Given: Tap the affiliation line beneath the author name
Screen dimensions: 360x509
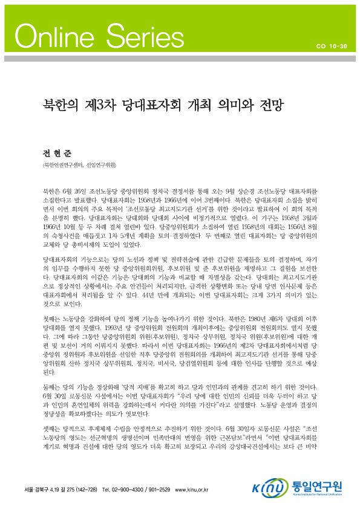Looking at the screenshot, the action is pyautogui.click(x=78, y=164).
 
